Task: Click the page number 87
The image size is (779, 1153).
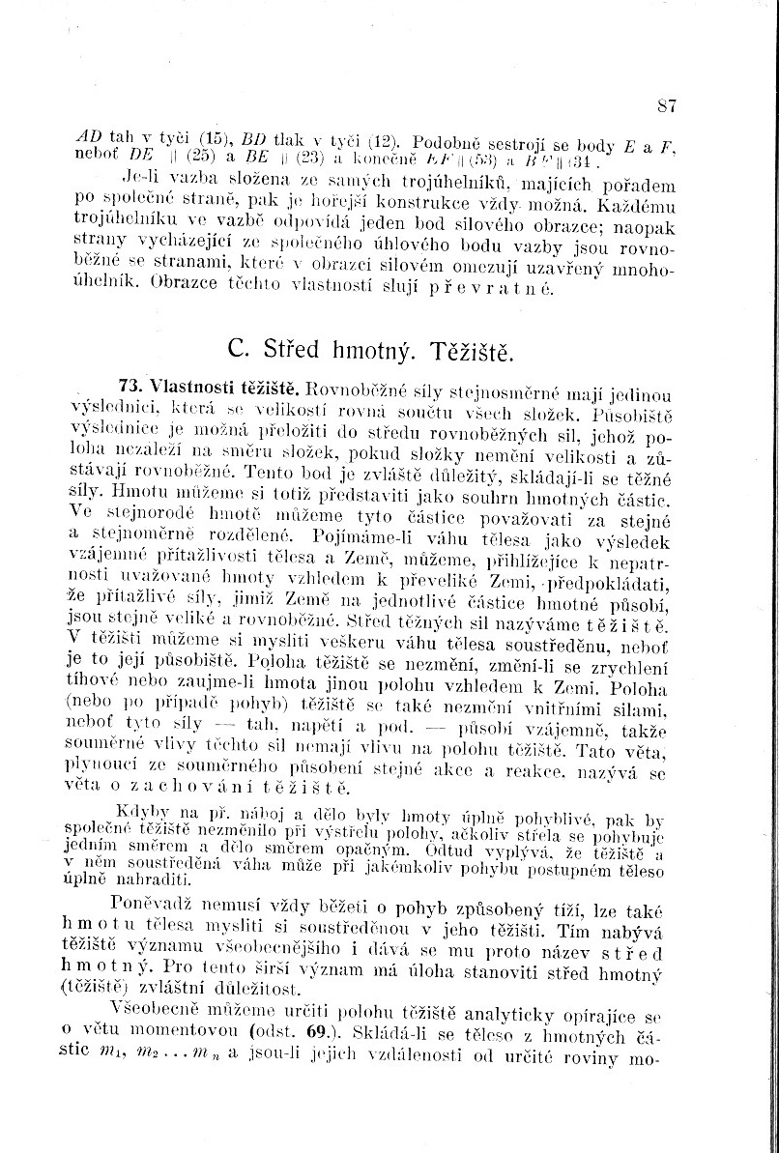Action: (665, 105)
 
